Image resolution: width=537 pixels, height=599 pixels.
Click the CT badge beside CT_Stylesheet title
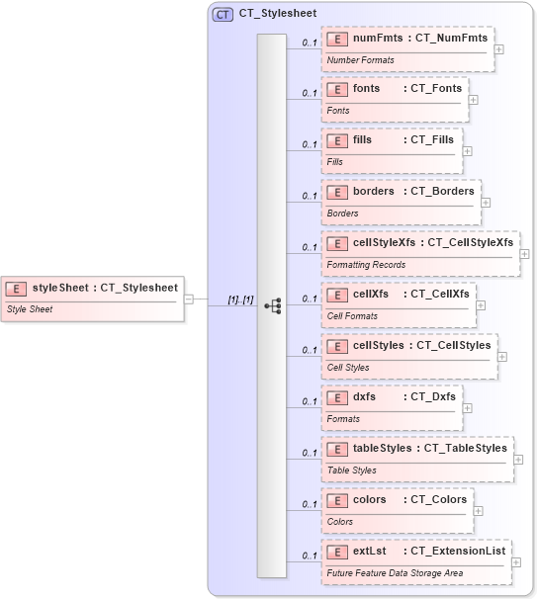pos(223,15)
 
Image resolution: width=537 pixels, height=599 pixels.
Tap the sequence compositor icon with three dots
pos(272,306)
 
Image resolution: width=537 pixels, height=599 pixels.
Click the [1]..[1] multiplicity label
pos(240,299)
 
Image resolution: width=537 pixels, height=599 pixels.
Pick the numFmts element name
pos(378,38)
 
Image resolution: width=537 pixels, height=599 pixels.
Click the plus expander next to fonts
pos(474,99)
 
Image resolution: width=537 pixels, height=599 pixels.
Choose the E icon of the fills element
pos(336,140)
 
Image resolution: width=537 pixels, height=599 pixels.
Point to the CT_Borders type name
pos(442,191)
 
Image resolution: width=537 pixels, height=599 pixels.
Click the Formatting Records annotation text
pos(366,265)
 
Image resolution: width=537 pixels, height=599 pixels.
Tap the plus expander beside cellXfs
pos(482,304)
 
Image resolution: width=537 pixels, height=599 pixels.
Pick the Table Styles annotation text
pos(352,471)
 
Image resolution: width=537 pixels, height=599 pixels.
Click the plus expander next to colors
pos(479,511)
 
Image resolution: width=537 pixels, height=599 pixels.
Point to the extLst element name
pos(370,551)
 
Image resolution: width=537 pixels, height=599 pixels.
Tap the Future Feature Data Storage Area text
pos(396,573)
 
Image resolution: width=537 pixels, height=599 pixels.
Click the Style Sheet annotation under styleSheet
pos(30,309)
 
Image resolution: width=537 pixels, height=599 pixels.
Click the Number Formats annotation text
pos(361,59)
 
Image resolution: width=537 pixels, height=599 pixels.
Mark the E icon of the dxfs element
pos(336,396)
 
